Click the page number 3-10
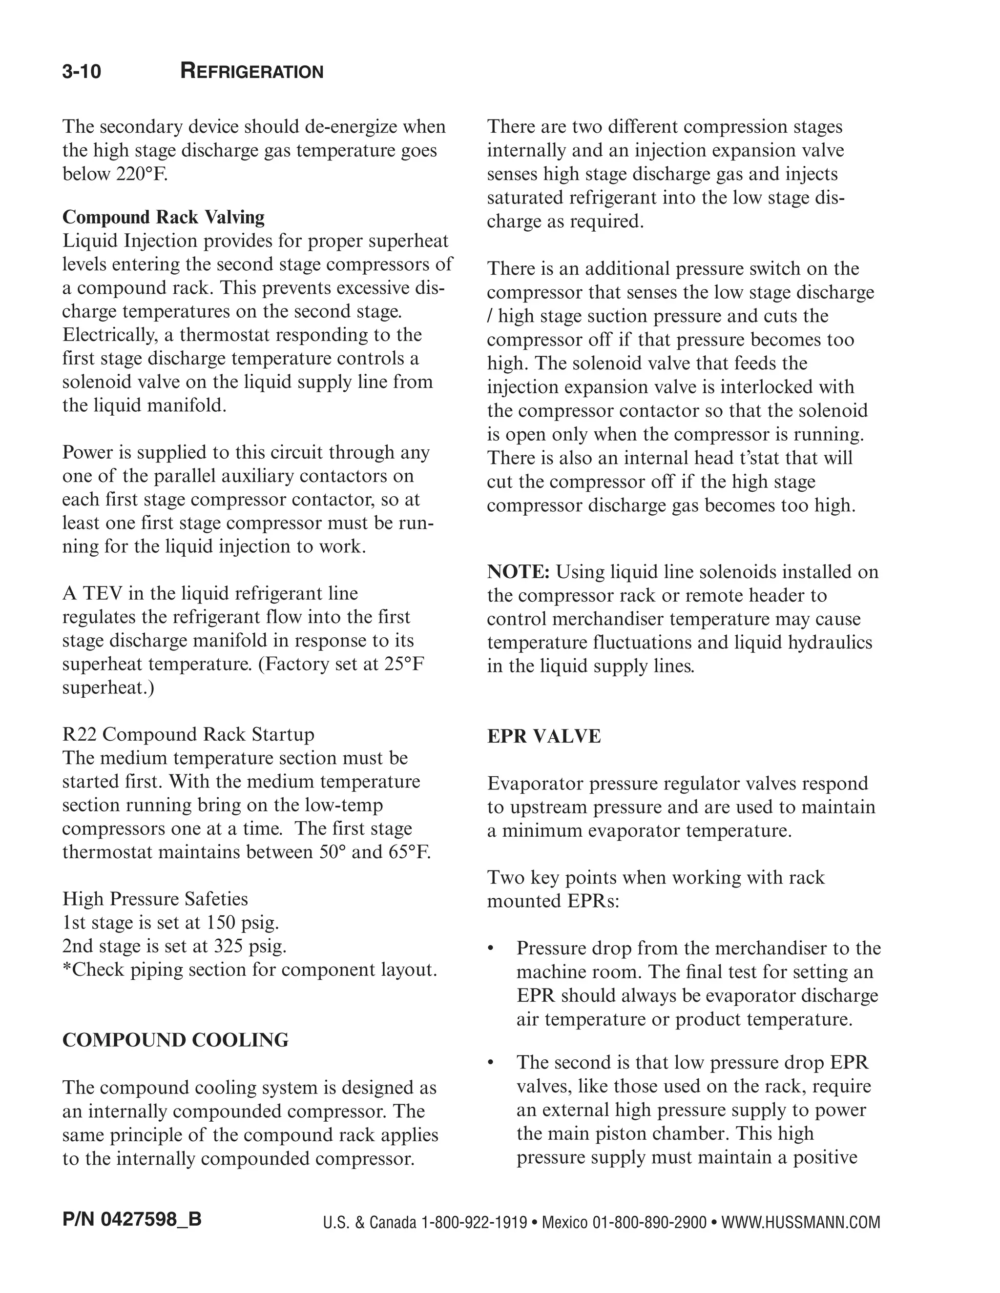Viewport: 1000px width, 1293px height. (82, 72)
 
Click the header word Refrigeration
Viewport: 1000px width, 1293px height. (252, 72)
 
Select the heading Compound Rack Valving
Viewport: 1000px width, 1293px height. (164, 217)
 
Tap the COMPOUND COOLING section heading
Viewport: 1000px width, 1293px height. (175, 1040)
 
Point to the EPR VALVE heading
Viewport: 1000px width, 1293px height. (544, 736)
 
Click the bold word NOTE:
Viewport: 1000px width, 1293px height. (519, 572)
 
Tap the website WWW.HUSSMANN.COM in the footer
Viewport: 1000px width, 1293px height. (800, 1222)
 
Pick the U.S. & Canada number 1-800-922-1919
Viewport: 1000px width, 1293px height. (474, 1222)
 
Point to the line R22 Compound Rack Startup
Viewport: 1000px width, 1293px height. (188, 734)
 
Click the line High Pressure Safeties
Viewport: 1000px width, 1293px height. (155, 899)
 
